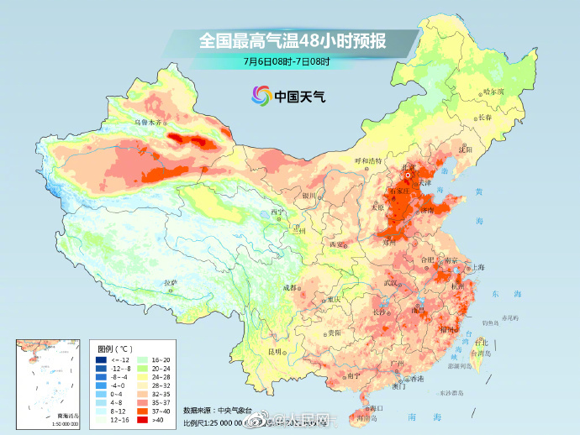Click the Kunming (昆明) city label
[275, 351]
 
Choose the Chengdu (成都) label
[290, 288]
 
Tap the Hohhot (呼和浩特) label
[367, 160]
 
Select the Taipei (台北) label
[481, 343]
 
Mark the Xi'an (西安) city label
[338, 244]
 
